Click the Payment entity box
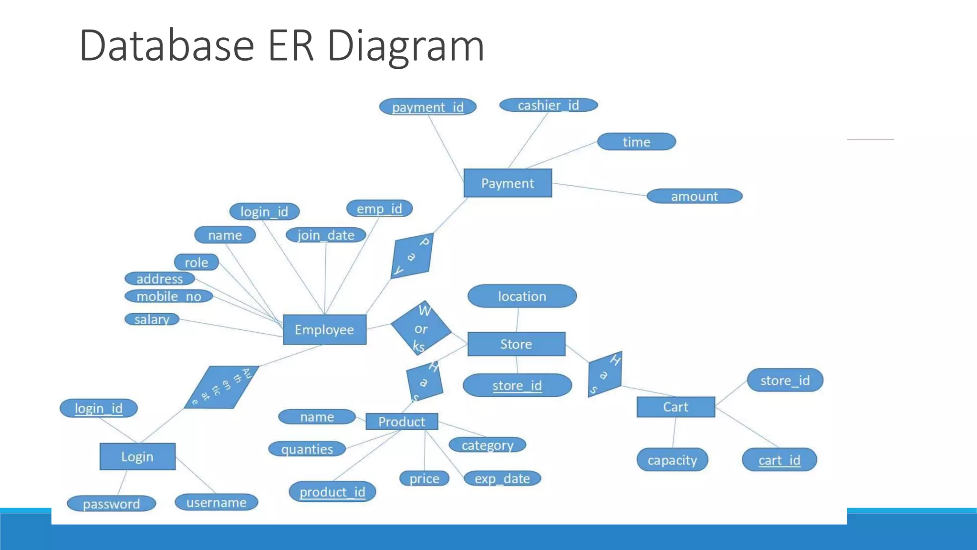pos(508,183)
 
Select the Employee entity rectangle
pos(324,329)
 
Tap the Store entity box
pos(516,344)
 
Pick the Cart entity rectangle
pos(676,407)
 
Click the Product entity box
pos(402,422)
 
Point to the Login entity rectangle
pos(137,456)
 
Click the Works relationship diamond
pos(421,328)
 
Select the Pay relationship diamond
pos(412,256)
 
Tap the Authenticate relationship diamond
pos(222,387)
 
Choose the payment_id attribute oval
pos(428,107)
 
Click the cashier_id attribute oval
pos(549,105)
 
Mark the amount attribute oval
pos(694,196)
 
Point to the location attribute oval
pos(522,296)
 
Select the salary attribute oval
pos(152,319)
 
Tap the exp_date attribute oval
pos(502,478)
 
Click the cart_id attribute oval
pos(780,460)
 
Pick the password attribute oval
pos(112,504)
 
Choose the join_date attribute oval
pos(326,235)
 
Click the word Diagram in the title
pos(405,46)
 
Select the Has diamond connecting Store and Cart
pos(605,375)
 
